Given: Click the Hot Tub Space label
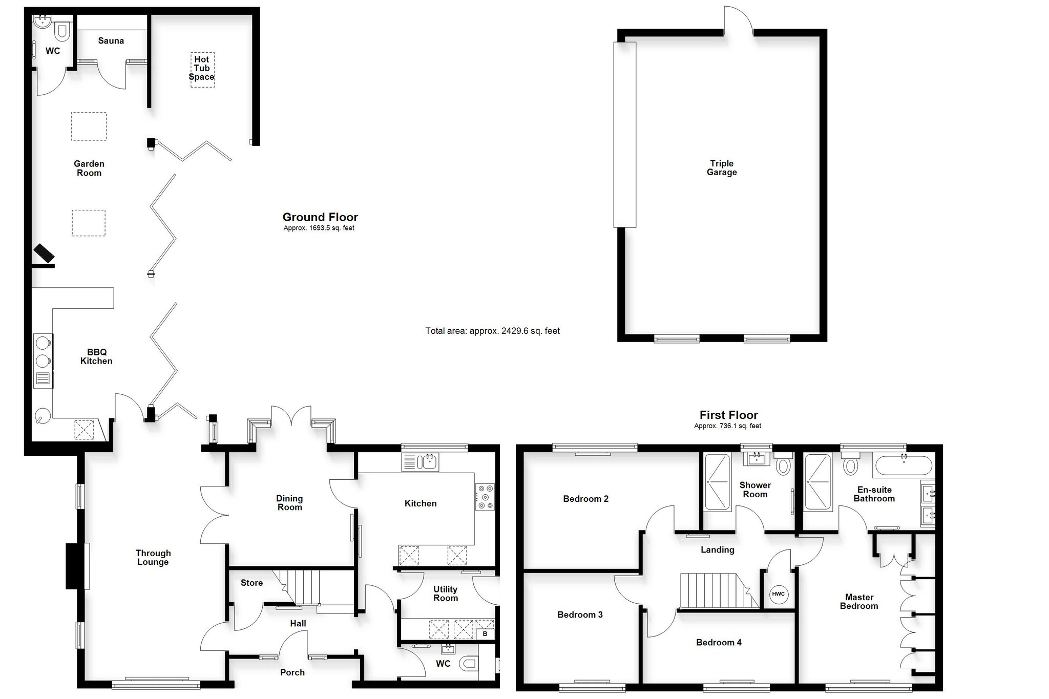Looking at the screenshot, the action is (201, 68).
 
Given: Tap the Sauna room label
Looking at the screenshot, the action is (111, 41).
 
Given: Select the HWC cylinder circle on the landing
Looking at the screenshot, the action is (778, 594).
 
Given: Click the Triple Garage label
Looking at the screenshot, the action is (722, 168).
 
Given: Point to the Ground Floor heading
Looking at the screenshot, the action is (320, 217).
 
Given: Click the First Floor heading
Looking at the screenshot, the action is (729, 415).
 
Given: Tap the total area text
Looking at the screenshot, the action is (492, 331).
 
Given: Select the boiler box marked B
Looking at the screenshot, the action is (485, 634).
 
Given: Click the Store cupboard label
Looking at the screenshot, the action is (251, 583).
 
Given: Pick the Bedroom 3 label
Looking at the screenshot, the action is (580, 615).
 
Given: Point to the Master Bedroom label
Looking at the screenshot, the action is (859, 602).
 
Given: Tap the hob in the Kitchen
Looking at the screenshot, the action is (485, 497).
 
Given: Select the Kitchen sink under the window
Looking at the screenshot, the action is (421, 462).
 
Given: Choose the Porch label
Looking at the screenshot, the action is (292, 672).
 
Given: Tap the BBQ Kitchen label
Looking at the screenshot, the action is (96, 356).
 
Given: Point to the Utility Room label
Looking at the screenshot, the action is (446, 594).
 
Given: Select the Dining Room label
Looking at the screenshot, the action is (289, 503).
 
